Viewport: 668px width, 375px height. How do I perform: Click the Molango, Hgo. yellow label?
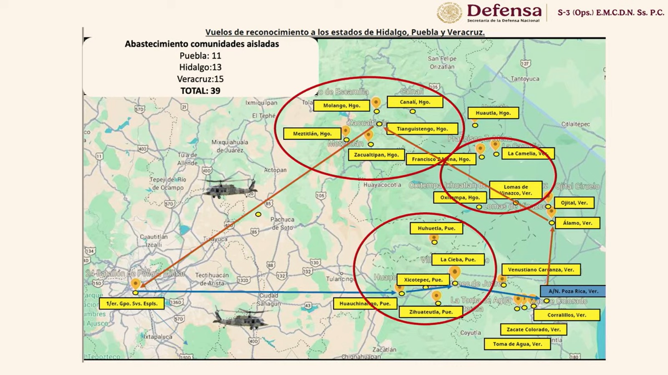click(x=342, y=106)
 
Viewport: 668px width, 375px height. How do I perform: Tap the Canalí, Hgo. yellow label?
click(x=415, y=102)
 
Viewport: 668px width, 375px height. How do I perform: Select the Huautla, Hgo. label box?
click(x=493, y=113)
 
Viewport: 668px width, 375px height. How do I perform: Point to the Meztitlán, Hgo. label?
click(x=312, y=133)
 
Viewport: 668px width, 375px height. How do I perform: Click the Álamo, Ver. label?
click(x=577, y=223)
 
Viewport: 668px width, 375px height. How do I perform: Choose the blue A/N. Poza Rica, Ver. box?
click(x=573, y=291)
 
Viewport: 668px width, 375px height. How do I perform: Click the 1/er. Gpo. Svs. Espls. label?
click(x=132, y=304)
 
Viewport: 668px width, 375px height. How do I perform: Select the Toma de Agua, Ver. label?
click(x=517, y=344)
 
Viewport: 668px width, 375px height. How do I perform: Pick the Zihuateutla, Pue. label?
click(x=430, y=312)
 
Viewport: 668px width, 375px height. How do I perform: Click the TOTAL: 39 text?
click(x=200, y=91)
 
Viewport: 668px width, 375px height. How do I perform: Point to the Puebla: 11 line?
click(x=200, y=56)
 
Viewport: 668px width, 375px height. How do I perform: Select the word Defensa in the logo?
click(x=504, y=10)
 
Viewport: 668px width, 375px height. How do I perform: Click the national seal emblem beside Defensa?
click(x=450, y=13)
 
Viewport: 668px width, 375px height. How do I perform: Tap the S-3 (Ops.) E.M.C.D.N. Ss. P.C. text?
click(x=610, y=13)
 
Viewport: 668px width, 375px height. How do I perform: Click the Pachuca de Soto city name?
click(x=283, y=223)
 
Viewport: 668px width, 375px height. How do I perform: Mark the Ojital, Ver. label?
click(x=574, y=203)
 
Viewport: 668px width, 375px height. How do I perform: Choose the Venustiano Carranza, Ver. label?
click(x=541, y=269)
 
